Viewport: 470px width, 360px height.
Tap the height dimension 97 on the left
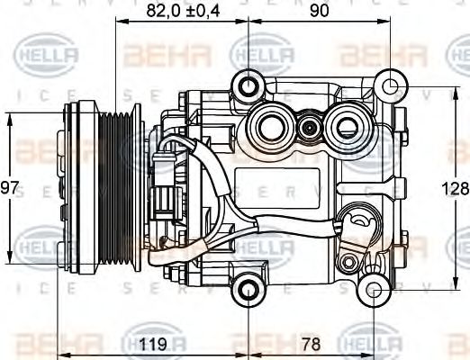(x=9, y=188)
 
